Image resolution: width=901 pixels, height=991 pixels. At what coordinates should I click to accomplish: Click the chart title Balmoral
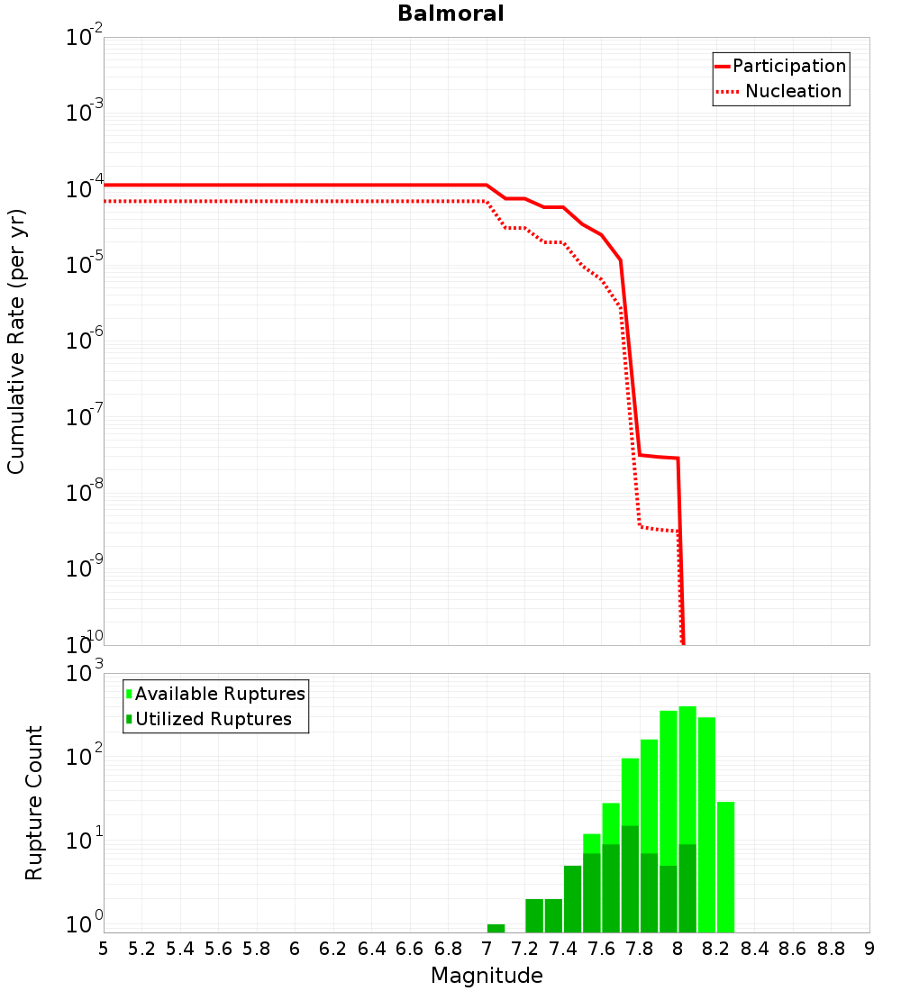[x=450, y=14]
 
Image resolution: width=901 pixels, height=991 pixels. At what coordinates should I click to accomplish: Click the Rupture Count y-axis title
[x=34, y=802]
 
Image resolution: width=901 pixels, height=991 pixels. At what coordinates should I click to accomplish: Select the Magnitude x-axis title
[x=487, y=975]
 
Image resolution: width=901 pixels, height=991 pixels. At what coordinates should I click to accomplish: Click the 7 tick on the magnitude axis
[x=487, y=948]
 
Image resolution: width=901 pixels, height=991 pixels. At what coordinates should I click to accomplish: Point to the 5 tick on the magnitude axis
[x=104, y=948]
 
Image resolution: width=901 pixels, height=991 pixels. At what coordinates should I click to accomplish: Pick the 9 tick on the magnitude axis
[x=869, y=948]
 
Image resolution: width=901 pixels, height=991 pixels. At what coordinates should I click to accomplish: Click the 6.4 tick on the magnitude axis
[x=371, y=948]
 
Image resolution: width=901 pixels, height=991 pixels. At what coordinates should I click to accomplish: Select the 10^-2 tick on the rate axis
[x=85, y=38]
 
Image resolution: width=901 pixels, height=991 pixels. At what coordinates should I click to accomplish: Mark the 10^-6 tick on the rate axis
[x=85, y=341]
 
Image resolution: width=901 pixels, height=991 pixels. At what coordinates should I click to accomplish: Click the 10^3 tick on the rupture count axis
[x=85, y=674]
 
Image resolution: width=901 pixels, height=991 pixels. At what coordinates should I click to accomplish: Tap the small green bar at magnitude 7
[x=496, y=928]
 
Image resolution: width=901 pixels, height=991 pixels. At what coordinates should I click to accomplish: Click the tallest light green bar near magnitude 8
[x=687, y=775]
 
